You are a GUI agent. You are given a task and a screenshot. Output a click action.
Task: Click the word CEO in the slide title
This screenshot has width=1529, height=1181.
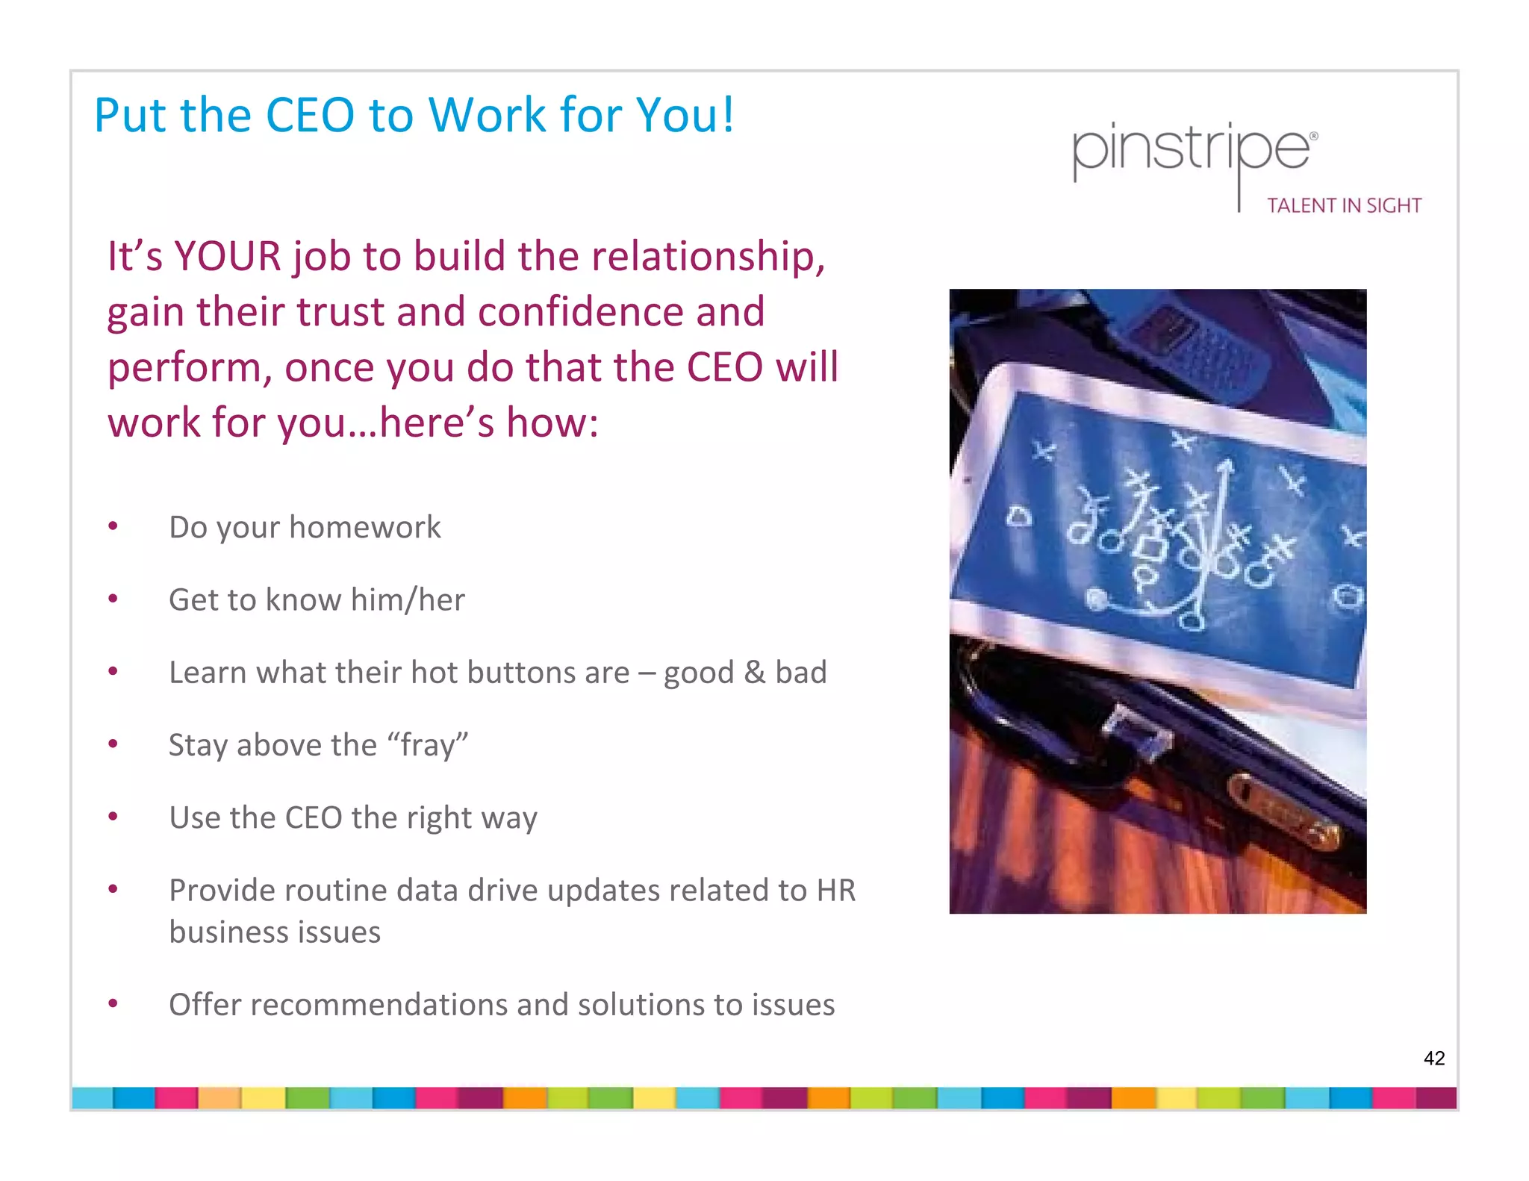pyautogui.click(x=309, y=116)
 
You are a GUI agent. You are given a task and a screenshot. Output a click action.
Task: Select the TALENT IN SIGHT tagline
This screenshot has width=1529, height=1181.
pyautogui.click(x=1344, y=205)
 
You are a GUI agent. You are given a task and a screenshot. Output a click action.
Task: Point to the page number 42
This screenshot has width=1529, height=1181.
pyautogui.click(x=1433, y=1058)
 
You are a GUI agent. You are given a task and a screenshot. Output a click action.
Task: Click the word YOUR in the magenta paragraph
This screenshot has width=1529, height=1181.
pyautogui.click(x=227, y=256)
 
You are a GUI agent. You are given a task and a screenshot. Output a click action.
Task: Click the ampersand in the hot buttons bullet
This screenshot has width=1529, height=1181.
pyautogui.click(x=755, y=672)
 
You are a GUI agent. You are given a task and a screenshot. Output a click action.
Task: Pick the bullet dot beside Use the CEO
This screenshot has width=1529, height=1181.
pyautogui.click(x=113, y=817)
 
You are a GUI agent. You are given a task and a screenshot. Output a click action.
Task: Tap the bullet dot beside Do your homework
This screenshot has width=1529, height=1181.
pyautogui.click(x=113, y=526)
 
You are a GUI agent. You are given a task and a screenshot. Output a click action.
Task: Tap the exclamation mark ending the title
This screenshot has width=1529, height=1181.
pyautogui.click(x=727, y=116)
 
